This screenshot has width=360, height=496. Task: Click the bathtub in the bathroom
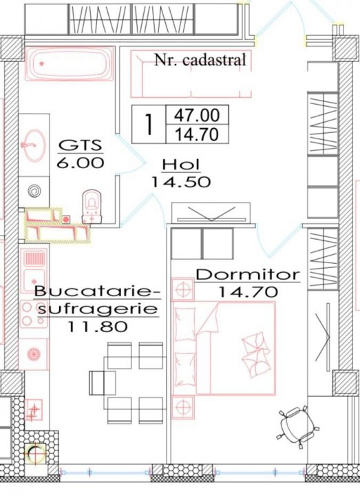[x=70, y=63]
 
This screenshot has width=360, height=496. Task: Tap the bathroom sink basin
[x=34, y=145]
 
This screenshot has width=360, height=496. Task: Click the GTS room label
[x=81, y=145]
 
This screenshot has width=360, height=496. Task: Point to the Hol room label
[x=181, y=165]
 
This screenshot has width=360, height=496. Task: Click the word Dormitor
[x=248, y=274]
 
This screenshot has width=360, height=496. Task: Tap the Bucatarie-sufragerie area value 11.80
[x=97, y=326]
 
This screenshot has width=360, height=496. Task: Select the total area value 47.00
[x=197, y=115]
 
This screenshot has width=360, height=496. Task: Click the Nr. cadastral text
[x=200, y=59]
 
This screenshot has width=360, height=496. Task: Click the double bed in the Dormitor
[x=224, y=349]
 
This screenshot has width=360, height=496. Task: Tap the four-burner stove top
[x=34, y=314]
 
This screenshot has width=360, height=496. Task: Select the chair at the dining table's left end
[x=103, y=383]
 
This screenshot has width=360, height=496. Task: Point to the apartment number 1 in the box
[x=149, y=124]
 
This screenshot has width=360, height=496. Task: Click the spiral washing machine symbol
[x=34, y=192]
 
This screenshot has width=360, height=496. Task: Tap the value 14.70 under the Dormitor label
[x=248, y=291]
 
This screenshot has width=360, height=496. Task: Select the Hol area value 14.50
[x=181, y=182]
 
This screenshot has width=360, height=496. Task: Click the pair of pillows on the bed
[x=255, y=353]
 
